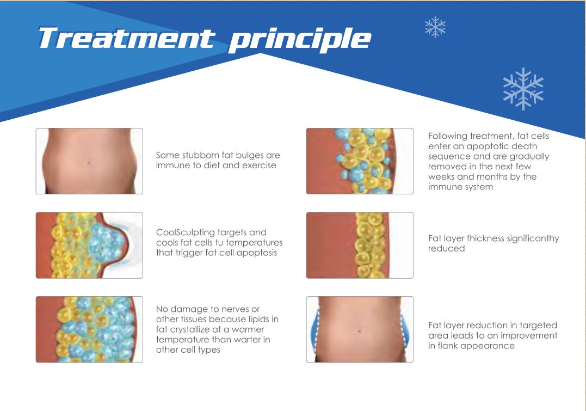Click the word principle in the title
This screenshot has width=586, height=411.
[300, 39]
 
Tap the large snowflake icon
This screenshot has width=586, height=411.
[523, 88]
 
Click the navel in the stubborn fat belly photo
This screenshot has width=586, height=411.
[89, 163]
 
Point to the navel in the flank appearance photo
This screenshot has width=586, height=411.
[360, 330]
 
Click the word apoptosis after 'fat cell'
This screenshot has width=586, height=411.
[257, 253]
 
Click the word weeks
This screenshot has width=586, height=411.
[443, 176]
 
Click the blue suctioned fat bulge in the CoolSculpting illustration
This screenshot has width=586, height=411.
[109, 244]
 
